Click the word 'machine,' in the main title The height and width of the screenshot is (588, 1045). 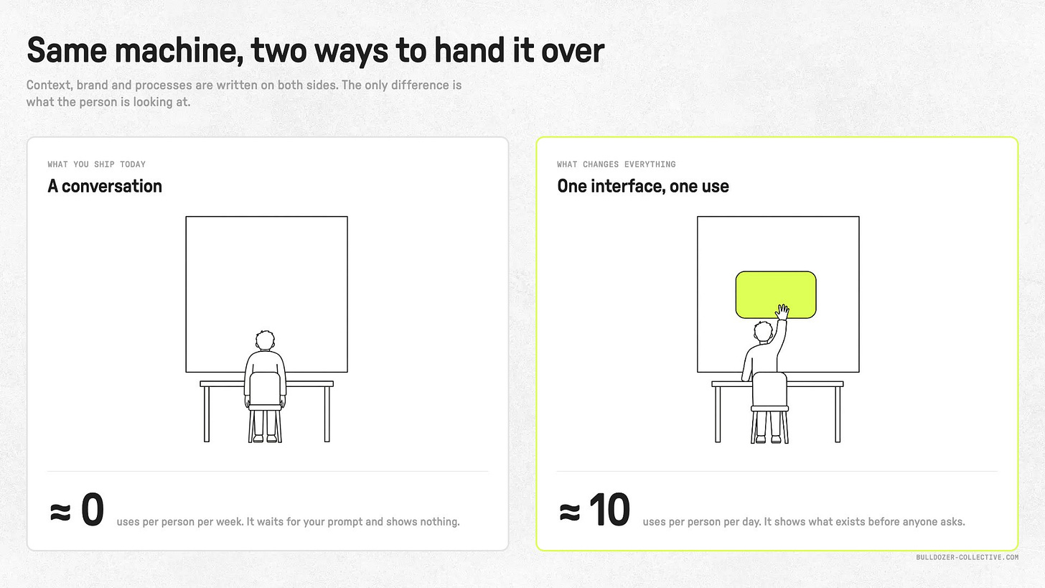point(179,50)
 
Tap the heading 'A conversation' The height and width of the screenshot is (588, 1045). point(105,186)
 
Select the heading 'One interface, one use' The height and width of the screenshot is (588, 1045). point(643,186)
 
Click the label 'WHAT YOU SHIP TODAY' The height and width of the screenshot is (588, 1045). point(97,164)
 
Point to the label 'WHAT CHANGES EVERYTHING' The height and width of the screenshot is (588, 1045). point(617,164)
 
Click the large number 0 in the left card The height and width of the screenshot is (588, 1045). point(93,510)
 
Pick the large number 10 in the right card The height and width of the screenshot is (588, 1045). point(610,510)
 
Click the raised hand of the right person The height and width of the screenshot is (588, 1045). point(782,312)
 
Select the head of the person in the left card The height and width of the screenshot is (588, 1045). point(265,340)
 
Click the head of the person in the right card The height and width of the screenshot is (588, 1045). point(764,332)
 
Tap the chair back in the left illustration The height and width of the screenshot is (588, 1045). point(265,388)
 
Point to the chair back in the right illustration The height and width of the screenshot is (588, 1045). point(769,389)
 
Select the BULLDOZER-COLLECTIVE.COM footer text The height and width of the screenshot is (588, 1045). point(967,557)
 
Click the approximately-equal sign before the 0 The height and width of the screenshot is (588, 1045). point(60,512)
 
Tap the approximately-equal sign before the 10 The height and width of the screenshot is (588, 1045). point(570,512)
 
